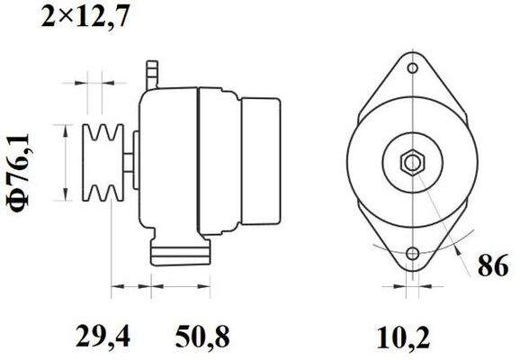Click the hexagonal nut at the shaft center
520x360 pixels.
pos(413,163)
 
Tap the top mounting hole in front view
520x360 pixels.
pos(413,67)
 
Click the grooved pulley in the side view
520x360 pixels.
pos(100,162)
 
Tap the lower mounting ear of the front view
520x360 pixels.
pos(413,261)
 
